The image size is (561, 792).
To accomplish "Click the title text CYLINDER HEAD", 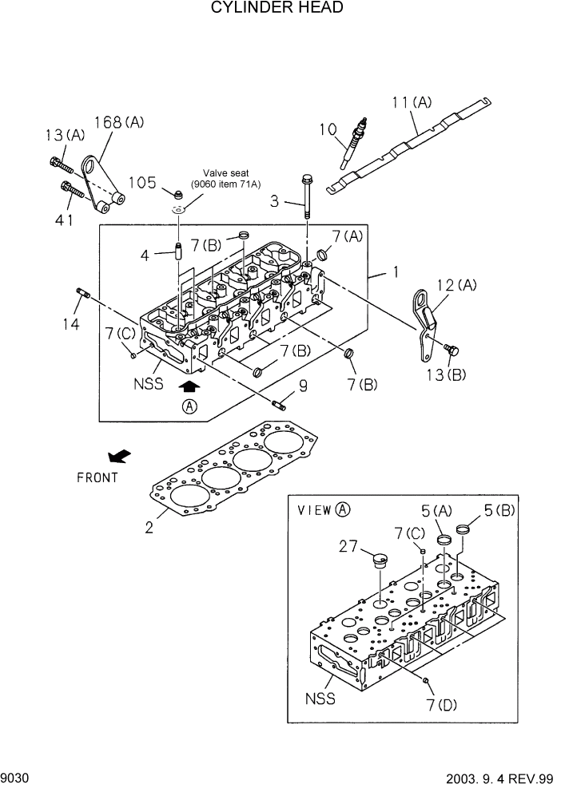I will pos(277,9).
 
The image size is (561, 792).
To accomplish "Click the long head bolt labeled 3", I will pos(306,195).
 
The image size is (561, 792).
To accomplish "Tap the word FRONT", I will pos(97,477).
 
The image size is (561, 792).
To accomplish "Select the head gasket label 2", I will pos(149,526).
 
